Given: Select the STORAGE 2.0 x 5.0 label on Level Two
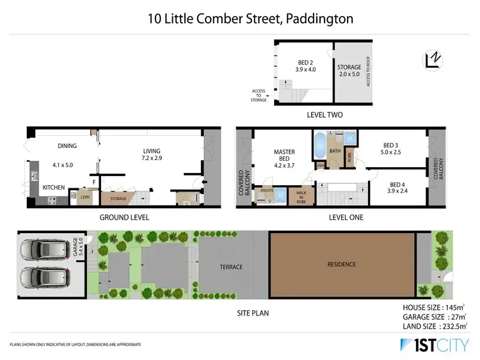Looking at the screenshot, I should [x=349, y=70].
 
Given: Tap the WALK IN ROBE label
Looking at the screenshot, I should [x=300, y=196].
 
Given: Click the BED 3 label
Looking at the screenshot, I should [x=390, y=149].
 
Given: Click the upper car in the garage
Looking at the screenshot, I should [x=44, y=249].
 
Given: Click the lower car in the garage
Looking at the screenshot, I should [x=44, y=277].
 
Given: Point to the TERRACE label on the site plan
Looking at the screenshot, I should [x=230, y=267].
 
